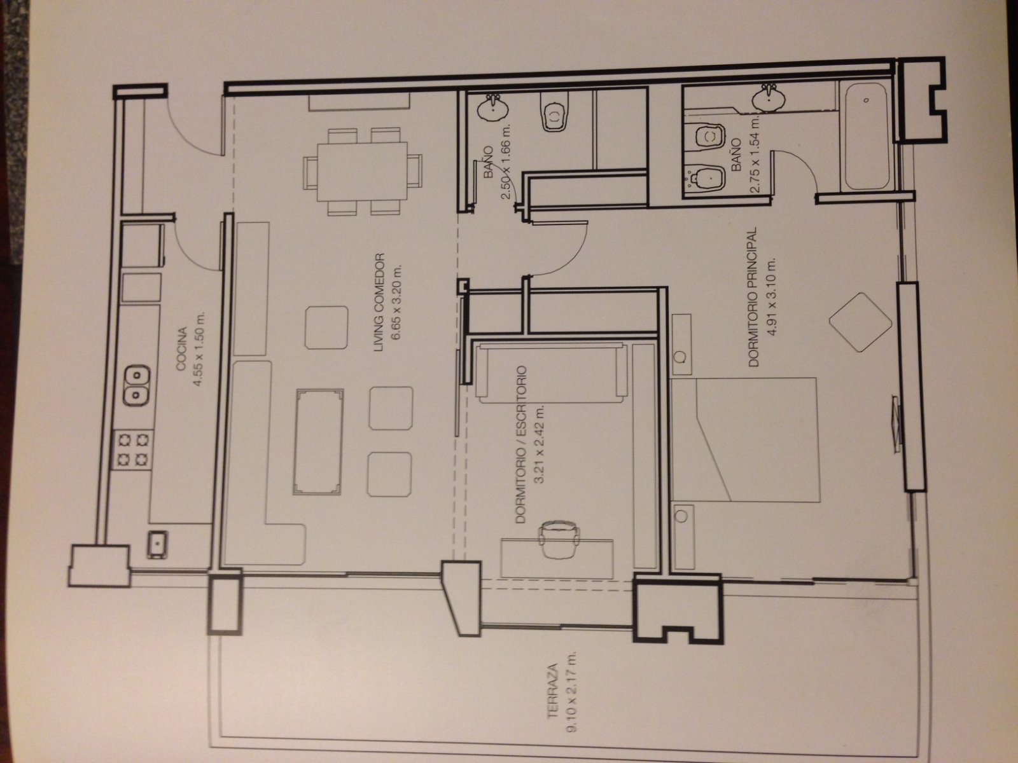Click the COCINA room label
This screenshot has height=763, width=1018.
182,349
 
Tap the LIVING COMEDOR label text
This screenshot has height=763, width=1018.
379,302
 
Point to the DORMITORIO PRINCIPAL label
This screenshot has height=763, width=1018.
754,297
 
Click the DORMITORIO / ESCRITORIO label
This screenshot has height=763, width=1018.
521,444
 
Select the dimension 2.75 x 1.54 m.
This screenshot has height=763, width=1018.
755,154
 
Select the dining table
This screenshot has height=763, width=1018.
362,172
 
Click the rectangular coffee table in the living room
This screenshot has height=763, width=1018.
318,442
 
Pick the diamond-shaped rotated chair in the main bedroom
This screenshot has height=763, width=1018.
860,322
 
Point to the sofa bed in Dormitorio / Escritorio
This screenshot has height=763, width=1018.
552,373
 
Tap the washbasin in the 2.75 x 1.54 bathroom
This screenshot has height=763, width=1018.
769,97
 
